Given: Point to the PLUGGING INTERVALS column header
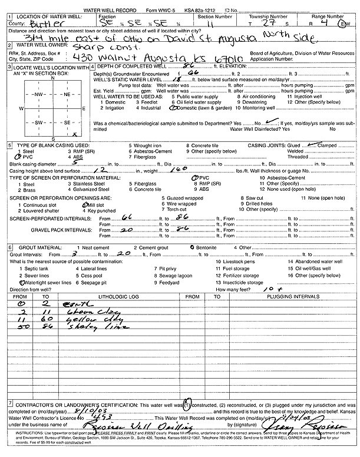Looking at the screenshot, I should pos(290,297).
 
